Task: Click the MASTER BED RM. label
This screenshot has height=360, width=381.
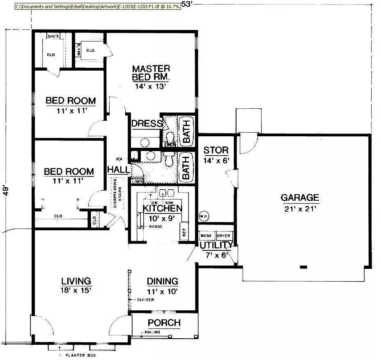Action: (x=151, y=72)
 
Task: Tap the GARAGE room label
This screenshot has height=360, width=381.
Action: (x=300, y=198)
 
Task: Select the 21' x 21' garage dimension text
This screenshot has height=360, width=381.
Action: (x=300, y=209)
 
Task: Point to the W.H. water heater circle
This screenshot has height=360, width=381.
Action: (x=203, y=216)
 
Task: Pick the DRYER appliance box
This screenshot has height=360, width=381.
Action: (x=224, y=236)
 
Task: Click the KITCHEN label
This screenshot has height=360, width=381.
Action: (x=163, y=208)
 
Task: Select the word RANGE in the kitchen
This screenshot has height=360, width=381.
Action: (x=156, y=226)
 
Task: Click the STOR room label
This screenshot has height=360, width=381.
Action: (x=216, y=150)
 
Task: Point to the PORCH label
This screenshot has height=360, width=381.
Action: (x=164, y=323)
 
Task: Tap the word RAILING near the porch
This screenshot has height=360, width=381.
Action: (x=152, y=332)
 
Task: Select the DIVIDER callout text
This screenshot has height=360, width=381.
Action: (x=146, y=300)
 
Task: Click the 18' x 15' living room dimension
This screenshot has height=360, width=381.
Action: (x=76, y=290)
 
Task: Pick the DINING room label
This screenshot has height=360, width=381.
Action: (x=163, y=281)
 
